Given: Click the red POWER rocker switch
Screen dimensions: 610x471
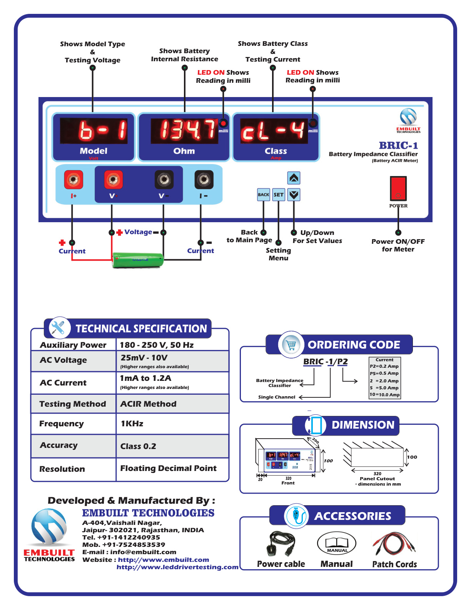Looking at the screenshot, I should tap(398, 188).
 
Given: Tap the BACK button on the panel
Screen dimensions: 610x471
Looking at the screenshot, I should tap(264, 195).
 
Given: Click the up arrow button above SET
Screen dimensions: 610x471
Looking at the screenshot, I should tap(294, 178).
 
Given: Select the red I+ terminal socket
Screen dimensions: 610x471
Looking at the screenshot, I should tap(73, 179).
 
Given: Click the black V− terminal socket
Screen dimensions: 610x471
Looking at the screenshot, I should tap(164, 179).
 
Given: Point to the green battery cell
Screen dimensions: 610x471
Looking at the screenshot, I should tap(138, 260).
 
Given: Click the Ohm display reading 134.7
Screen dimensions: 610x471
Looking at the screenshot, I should tap(184, 130).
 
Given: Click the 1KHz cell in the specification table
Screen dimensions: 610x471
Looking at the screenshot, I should tap(132, 424).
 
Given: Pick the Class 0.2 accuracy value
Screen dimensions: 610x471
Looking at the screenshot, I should tap(138, 446).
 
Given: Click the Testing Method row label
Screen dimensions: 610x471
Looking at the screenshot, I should tap(73, 404).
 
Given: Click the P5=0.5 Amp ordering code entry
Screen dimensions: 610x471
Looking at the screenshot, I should tap(384, 373).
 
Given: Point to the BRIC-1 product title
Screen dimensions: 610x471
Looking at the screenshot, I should tap(398, 146).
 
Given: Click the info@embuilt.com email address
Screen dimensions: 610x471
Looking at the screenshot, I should tap(143, 552).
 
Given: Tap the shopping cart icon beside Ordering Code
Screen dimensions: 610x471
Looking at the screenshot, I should tap(291, 345).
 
